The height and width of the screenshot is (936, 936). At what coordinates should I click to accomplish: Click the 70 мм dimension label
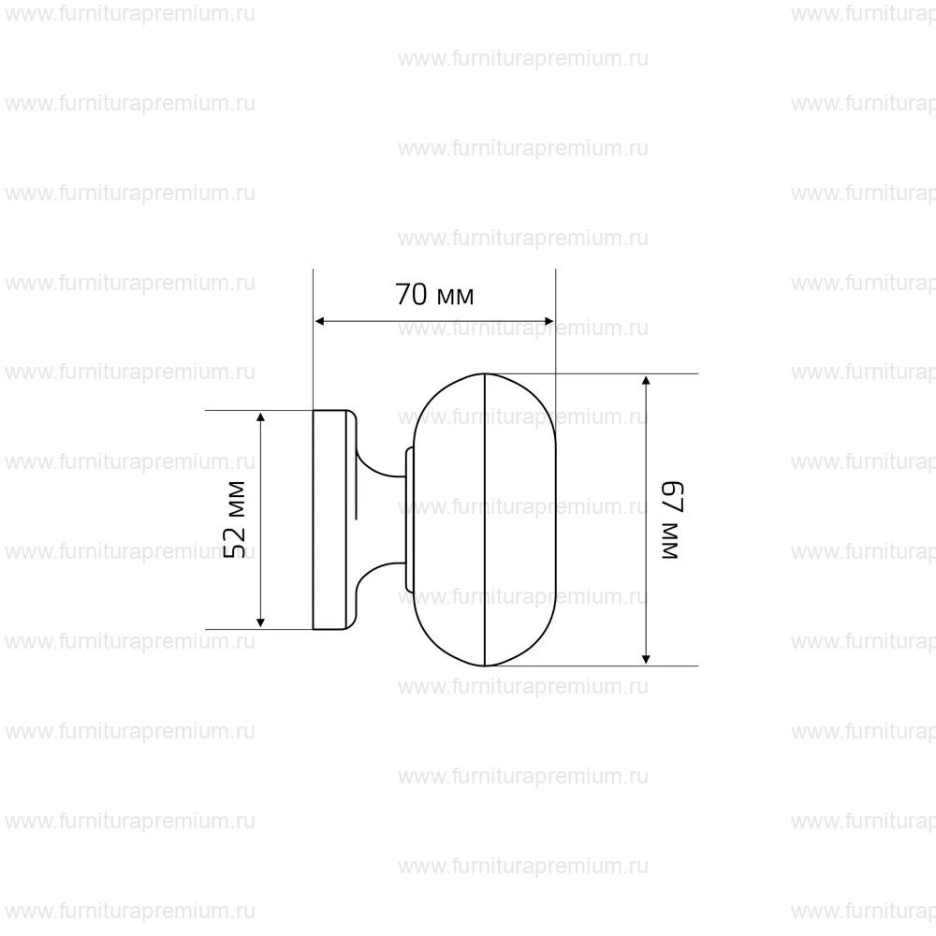click(434, 295)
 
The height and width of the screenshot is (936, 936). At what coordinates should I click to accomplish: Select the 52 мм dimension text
click(235, 519)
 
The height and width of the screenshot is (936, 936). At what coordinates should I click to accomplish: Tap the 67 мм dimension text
click(671, 519)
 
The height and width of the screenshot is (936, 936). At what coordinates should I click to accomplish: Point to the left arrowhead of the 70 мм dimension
click(319, 322)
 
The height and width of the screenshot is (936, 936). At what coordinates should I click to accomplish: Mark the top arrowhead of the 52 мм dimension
click(260, 417)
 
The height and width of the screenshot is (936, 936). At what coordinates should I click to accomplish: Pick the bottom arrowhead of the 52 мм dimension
click(260, 623)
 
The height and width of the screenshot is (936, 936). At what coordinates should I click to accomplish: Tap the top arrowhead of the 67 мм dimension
click(645, 380)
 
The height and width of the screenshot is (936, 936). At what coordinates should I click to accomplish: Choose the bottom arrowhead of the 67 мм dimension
click(645, 659)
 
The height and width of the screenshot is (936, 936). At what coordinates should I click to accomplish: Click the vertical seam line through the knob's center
click(485, 519)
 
